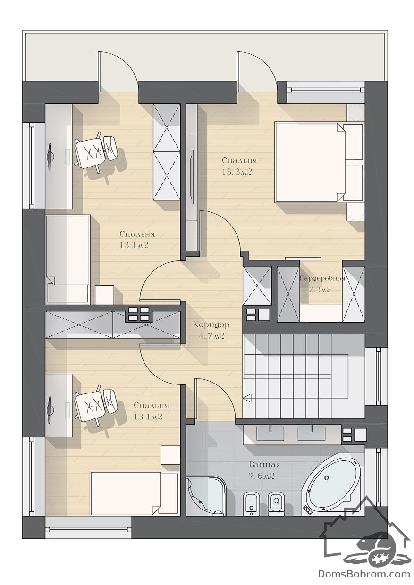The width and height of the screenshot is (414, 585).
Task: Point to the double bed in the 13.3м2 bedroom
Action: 319,162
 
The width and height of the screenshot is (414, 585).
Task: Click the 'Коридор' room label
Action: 211,325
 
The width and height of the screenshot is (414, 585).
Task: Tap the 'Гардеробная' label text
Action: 322,278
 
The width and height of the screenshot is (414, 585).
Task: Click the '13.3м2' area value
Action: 237,172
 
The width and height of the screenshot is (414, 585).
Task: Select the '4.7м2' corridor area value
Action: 211,336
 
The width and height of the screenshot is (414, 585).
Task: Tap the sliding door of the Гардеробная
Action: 303,258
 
